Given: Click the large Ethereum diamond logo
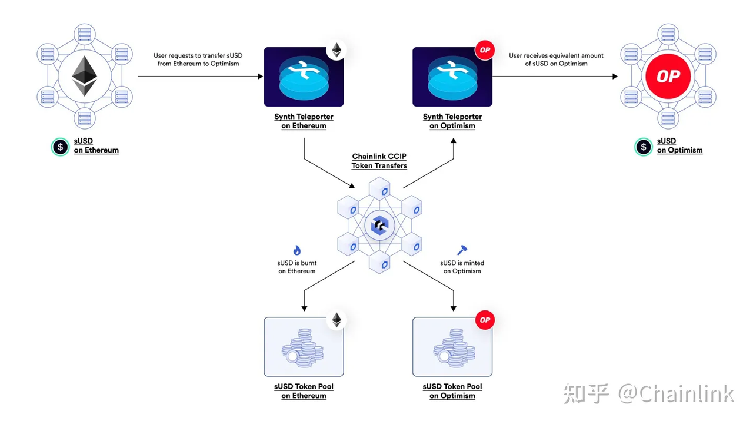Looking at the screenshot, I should [85, 77].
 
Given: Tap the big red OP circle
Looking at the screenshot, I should [668, 77].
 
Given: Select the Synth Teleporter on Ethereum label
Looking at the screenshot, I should [304, 121].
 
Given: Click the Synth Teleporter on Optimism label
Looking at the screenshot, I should [452, 121].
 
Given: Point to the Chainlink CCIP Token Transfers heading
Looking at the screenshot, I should [379, 161].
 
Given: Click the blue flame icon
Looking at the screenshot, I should [296, 251].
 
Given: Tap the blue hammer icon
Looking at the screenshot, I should [462, 250].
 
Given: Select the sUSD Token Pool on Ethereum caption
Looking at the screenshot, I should [304, 391].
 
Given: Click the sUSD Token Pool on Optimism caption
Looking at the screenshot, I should [452, 391].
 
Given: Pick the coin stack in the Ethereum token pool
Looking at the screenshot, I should [303, 348].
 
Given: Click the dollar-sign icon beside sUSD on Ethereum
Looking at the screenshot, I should [60, 146].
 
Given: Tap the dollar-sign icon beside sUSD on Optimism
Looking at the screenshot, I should [643, 146].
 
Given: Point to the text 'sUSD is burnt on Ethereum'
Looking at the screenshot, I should [296, 267].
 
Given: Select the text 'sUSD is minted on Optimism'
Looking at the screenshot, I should [462, 267].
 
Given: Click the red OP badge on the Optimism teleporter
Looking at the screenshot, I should [484, 50].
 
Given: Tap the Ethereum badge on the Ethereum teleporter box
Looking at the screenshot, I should [336, 50].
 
